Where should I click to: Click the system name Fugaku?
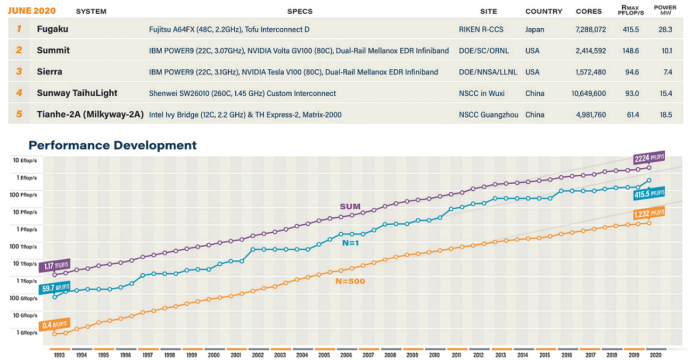point(52,29)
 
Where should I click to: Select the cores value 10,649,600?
point(588,93)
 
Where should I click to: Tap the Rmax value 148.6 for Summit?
point(631,51)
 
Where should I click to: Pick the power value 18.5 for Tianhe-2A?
point(665,114)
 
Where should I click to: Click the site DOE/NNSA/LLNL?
point(488,72)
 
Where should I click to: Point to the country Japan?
point(534,29)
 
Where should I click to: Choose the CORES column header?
point(589,11)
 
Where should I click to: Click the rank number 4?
point(19,93)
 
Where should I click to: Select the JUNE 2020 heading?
point(31,11)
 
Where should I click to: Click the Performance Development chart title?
point(112,145)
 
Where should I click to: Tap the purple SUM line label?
point(350,207)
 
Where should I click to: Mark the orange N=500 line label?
point(350,281)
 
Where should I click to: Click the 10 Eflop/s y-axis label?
point(25,160)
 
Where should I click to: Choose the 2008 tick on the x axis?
point(390,355)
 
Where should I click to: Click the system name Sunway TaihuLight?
point(77,93)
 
